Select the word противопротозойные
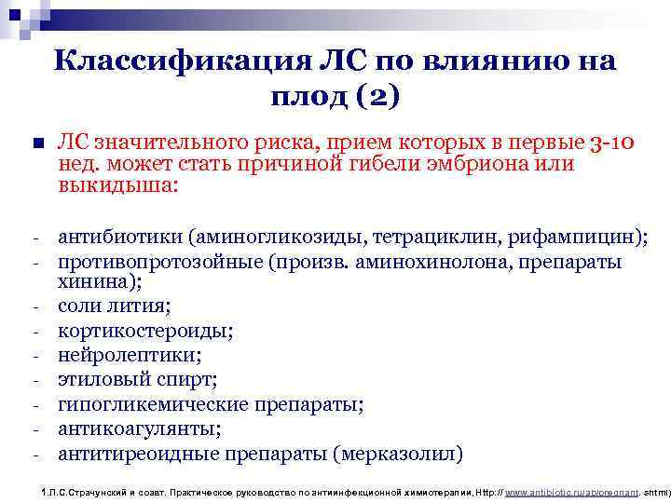tap(159, 262)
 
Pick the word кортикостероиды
tap(144, 330)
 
